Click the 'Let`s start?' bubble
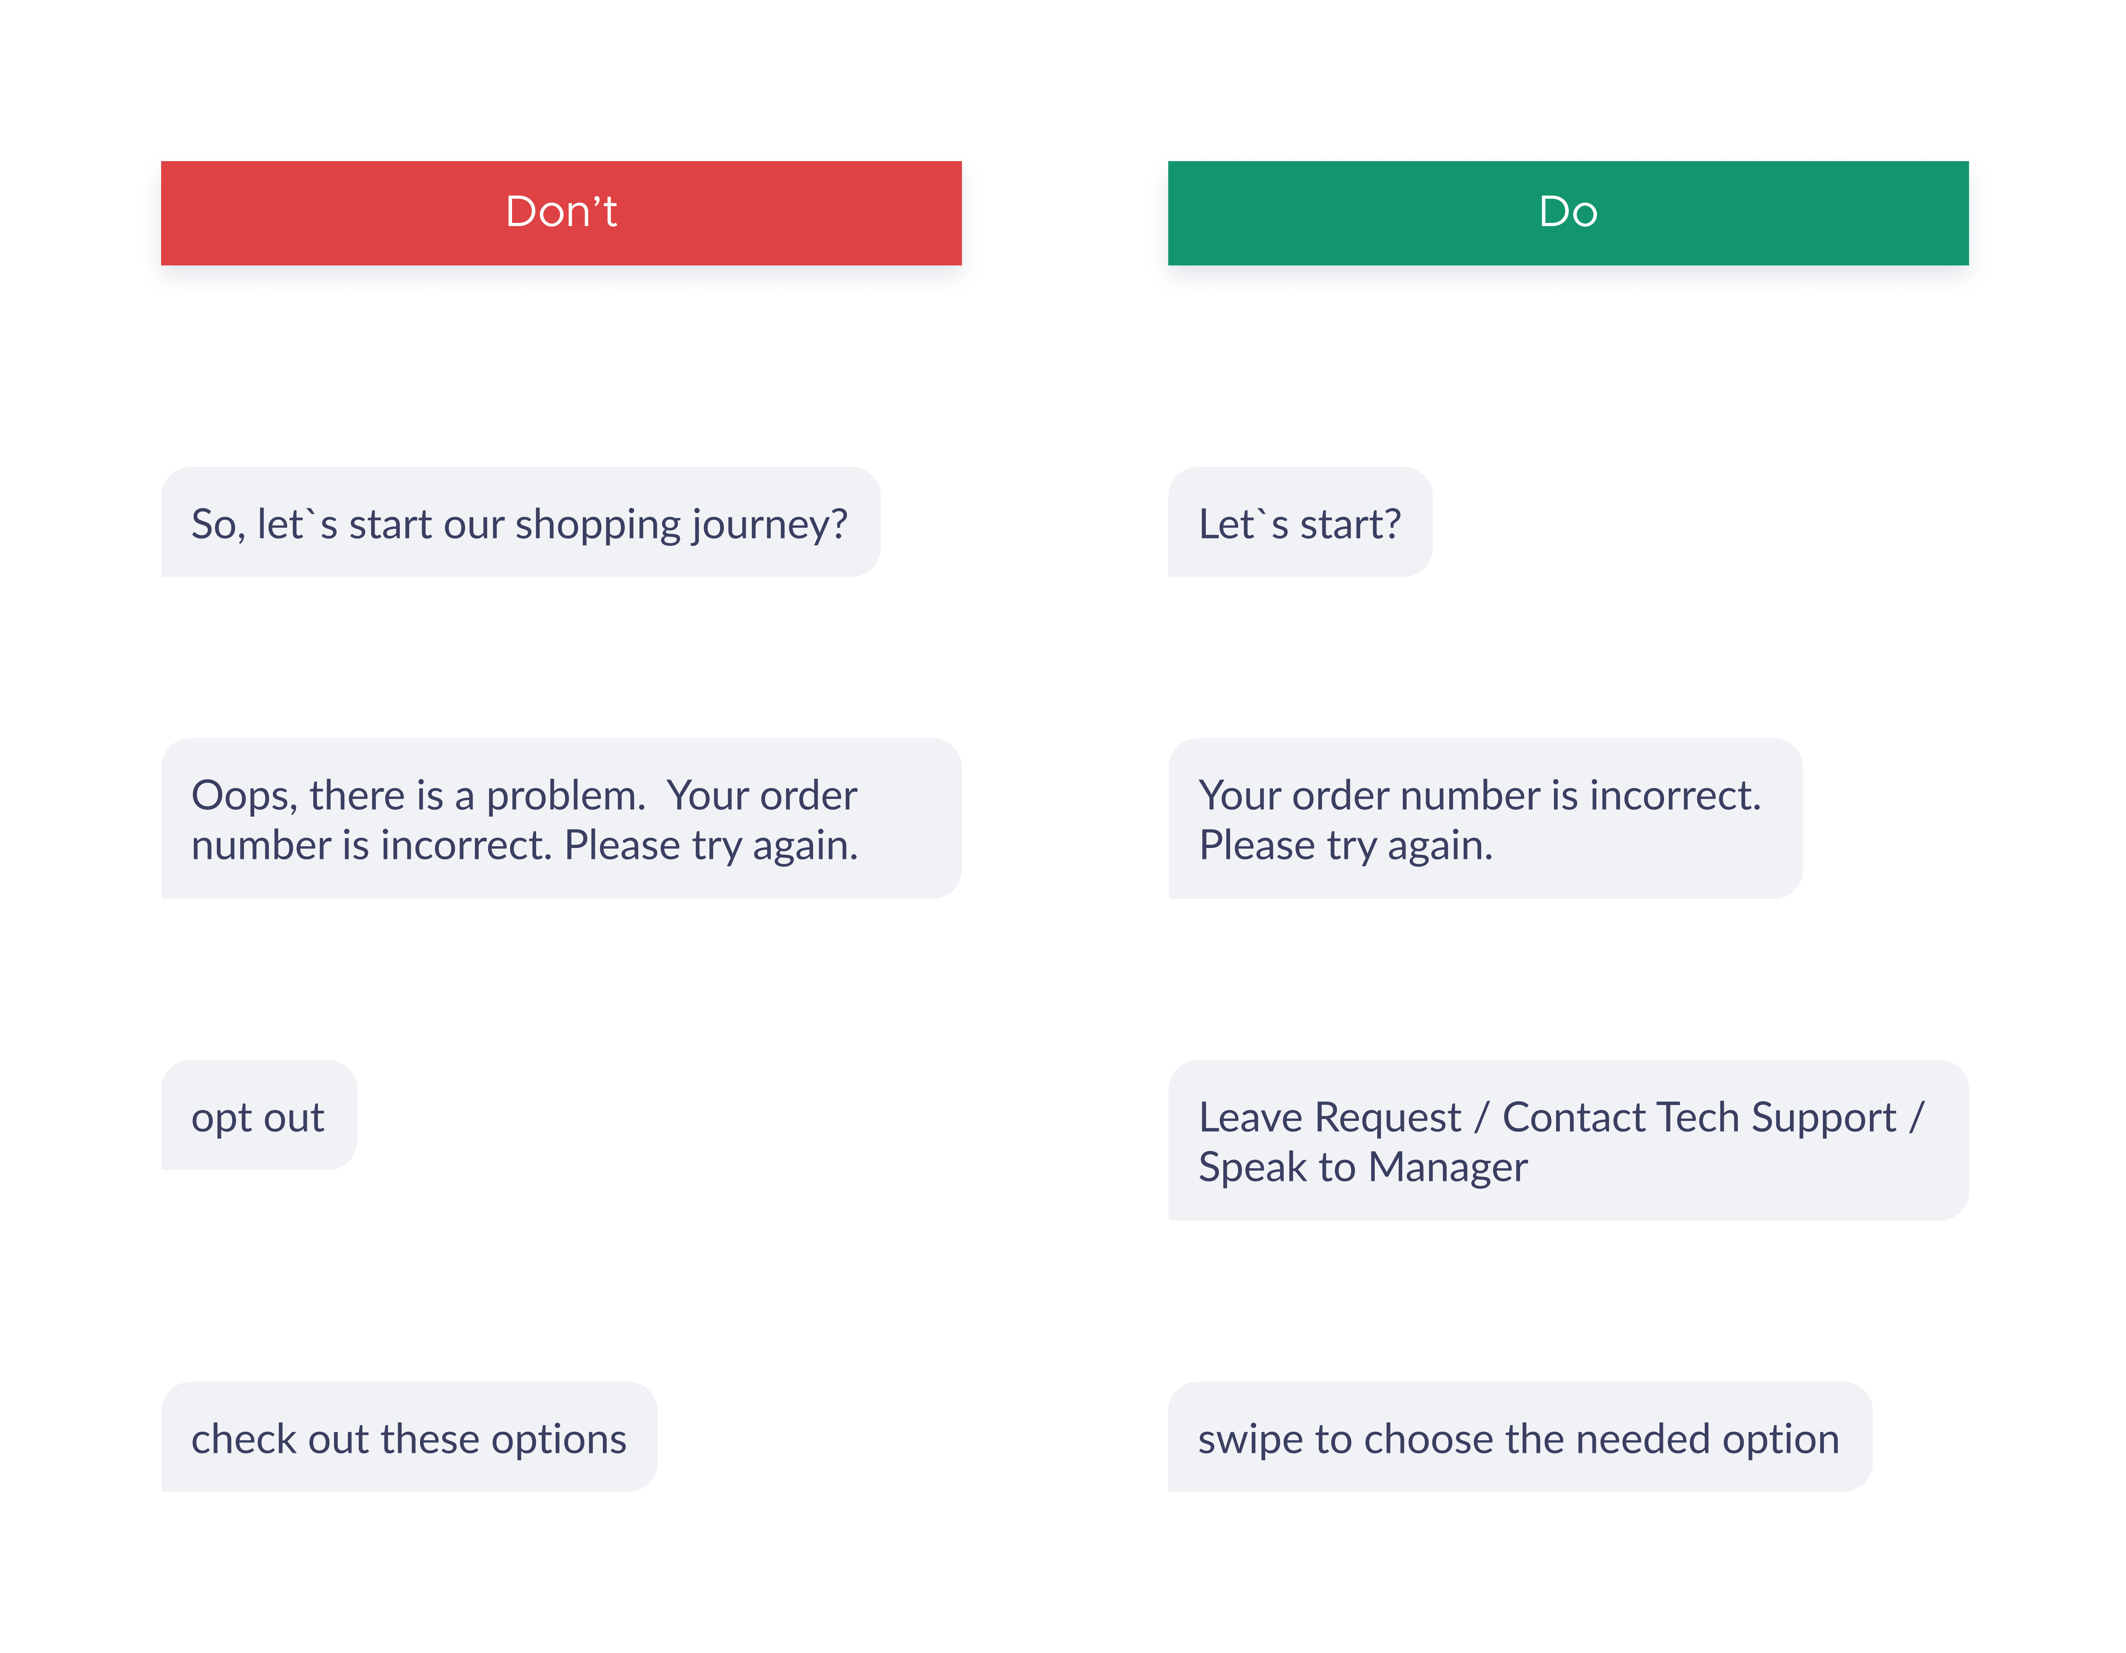(1300, 522)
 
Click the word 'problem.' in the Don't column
(566, 796)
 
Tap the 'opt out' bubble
(259, 1115)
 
